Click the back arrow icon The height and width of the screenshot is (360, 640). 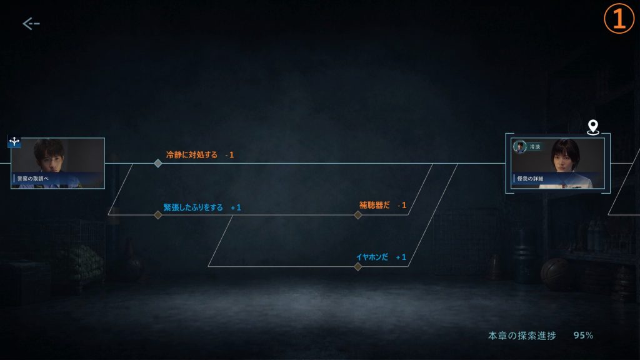click(31, 24)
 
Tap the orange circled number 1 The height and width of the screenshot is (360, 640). click(619, 18)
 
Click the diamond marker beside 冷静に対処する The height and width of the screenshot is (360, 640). click(158, 163)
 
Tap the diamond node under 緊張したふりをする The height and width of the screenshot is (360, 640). click(158, 215)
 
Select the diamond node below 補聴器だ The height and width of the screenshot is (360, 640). click(358, 215)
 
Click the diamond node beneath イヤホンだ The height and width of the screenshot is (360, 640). click(358, 266)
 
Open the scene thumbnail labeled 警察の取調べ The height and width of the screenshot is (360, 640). click(57, 163)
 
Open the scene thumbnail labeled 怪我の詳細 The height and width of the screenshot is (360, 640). click(557, 163)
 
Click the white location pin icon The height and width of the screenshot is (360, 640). click(593, 127)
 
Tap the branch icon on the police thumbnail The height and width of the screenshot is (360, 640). click(14, 142)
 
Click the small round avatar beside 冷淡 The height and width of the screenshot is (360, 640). click(519, 146)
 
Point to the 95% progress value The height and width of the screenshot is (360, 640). click(583, 335)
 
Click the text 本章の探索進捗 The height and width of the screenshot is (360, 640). click(522, 336)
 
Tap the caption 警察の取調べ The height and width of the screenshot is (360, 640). click(32, 178)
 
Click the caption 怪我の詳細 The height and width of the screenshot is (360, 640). click(530, 178)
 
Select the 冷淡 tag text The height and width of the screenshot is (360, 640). click(535, 146)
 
